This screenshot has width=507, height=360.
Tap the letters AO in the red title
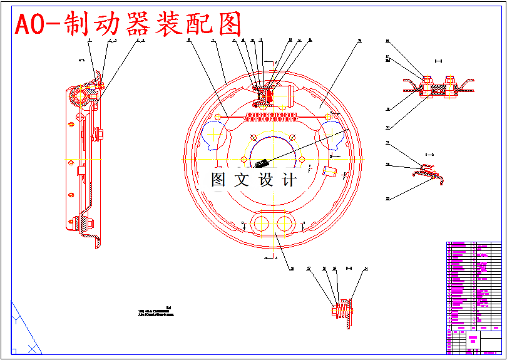(x=29, y=25)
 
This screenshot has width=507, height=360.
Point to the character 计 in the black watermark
(x=289, y=180)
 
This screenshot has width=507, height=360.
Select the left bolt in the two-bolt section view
(x=428, y=87)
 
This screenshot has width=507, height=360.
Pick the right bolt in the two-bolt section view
(x=449, y=87)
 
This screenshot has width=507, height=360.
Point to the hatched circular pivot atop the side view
(x=81, y=95)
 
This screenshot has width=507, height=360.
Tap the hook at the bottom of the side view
(x=98, y=242)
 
